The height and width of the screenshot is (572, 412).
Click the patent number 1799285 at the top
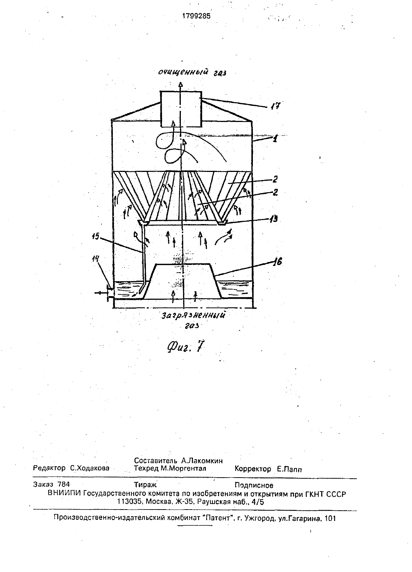pyautogui.click(x=196, y=16)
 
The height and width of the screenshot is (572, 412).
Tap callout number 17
pyautogui.click(x=275, y=106)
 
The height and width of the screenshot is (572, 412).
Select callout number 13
pyautogui.click(x=273, y=219)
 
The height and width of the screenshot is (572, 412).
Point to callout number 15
pyautogui.click(x=95, y=237)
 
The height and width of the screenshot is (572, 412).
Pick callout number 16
pyautogui.click(x=277, y=262)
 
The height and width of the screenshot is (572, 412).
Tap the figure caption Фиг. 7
pyautogui.click(x=186, y=347)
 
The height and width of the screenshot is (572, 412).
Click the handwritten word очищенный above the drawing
pyautogui.click(x=182, y=72)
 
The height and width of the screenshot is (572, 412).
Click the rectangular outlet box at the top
pyautogui.click(x=181, y=109)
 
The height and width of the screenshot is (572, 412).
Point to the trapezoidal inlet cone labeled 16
pyautogui.click(x=183, y=281)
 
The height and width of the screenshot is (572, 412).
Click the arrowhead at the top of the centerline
pyautogui.click(x=180, y=85)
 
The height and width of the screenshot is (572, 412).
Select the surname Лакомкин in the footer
pyautogui.click(x=202, y=461)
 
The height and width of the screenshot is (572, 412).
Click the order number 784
pyautogui.click(x=64, y=484)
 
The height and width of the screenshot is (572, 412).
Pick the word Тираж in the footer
pyautogui.click(x=145, y=485)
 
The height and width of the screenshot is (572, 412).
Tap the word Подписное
pyautogui.click(x=254, y=485)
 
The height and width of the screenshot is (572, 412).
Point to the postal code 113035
pyautogui.click(x=129, y=502)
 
